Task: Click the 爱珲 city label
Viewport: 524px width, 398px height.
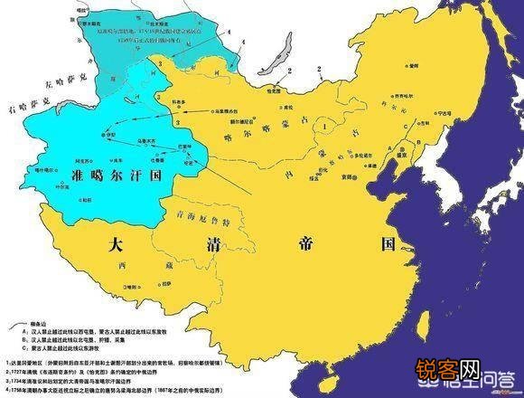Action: (411, 67)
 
